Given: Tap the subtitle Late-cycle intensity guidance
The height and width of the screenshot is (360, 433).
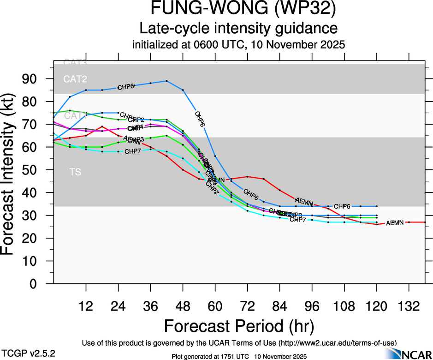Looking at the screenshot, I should (238, 29).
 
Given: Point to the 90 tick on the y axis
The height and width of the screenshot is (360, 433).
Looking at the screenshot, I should (35, 78).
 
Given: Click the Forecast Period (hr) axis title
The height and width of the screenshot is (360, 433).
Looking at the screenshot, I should (238, 326).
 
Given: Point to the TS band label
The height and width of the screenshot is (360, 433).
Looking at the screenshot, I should (75, 172).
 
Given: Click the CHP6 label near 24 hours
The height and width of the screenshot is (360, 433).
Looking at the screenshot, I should (125, 87).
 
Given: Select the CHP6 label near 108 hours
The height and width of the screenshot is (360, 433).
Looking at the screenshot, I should (343, 206).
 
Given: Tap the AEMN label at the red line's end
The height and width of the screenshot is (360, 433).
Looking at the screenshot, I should (395, 223).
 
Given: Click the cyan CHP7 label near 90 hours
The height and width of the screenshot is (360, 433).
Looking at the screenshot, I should (298, 219).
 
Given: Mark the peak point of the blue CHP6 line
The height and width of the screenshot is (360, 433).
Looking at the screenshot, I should (166, 81).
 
